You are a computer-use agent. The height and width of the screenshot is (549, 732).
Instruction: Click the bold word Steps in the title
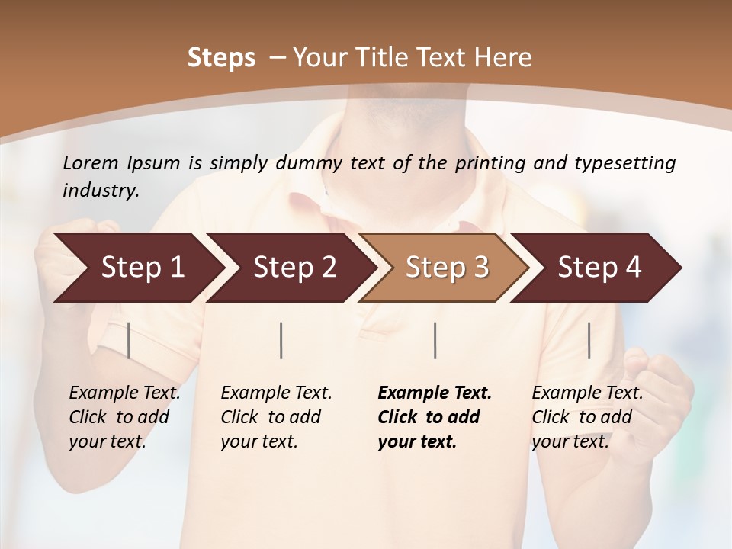click(x=221, y=58)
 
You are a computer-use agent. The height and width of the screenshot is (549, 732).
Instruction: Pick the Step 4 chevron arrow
click(x=599, y=268)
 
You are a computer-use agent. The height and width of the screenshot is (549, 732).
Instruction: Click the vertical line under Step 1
click(x=128, y=340)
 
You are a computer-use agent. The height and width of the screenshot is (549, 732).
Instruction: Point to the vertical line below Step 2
click(x=281, y=340)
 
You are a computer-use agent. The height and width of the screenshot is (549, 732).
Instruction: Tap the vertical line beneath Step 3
click(x=435, y=340)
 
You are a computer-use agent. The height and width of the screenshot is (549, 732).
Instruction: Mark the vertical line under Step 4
click(x=589, y=340)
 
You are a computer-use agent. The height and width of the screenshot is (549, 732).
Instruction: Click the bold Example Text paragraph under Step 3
click(x=434, y=417)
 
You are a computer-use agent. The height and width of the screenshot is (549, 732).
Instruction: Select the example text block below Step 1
click(x=124, y=417)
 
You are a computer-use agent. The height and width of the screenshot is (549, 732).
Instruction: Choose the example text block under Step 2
click(x=276, y=417)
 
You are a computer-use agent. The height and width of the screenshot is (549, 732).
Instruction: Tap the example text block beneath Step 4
click(x=587, y=417)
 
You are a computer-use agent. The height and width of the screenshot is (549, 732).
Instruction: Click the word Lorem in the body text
click(x=91, y=163)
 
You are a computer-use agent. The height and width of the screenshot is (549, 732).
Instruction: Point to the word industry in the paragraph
click(x=101, y=191)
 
